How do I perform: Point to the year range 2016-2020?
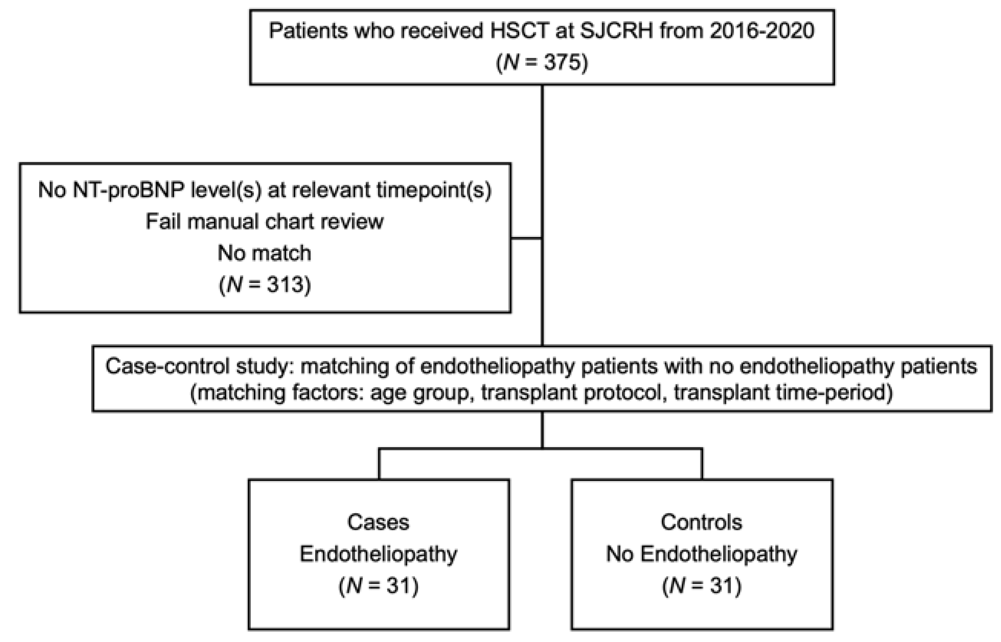coord(762,31)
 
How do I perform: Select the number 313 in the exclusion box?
coord(280,285)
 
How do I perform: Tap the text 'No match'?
coord(265,254)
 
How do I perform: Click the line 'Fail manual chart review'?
coord(265,222)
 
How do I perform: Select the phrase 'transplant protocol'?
coord(571,393)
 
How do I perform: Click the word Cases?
coord(378,522)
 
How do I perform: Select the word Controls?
coord(702,522)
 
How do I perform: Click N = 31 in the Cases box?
coord(378,586)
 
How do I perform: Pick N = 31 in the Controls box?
coord(702,586)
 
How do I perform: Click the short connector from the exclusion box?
coord(526,239)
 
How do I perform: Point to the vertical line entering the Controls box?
coord(702,464)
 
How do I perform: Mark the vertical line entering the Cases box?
coord(379,464)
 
